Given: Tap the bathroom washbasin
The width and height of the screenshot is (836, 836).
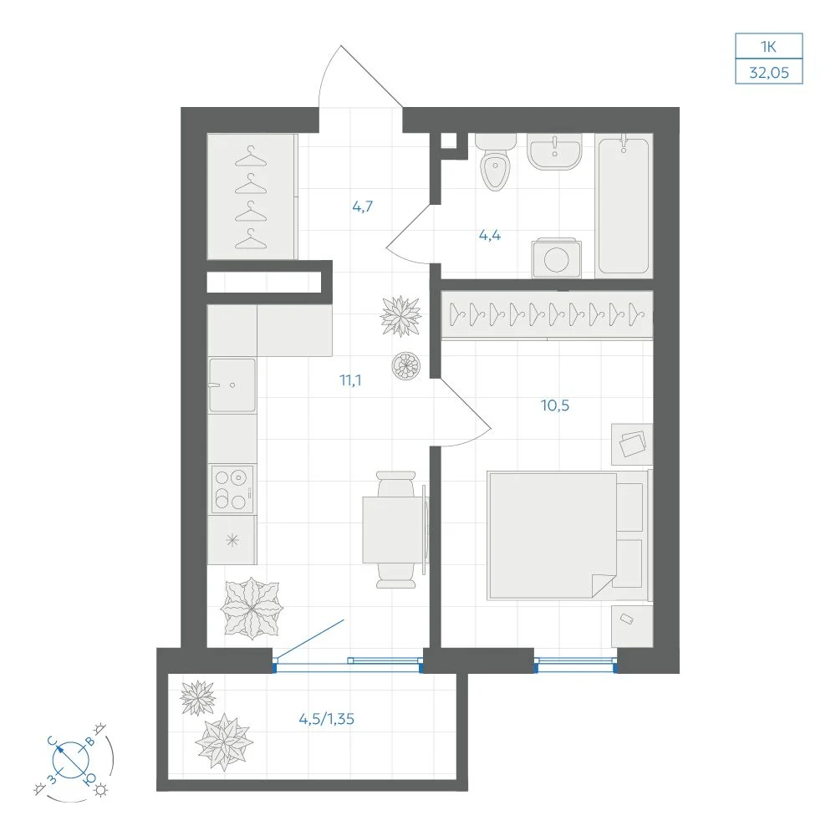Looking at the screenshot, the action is point(554,151).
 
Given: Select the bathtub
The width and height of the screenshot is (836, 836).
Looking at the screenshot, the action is point(624,206).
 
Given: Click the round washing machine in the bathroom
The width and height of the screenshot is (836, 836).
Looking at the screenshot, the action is point(556,258).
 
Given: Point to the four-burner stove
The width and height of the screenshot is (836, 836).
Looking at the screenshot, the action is point(232,489).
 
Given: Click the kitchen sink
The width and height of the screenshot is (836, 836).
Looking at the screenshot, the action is point(232,385).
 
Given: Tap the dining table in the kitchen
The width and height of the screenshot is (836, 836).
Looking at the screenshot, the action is point(394,529).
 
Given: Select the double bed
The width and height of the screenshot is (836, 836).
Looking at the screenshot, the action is point(568,535).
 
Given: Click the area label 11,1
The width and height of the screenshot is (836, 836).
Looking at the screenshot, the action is point(350,380).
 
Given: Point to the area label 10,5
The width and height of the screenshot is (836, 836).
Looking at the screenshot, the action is point(555,405).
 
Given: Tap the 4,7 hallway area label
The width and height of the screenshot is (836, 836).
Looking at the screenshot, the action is point(363,206).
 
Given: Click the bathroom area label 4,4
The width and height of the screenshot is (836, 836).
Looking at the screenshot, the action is point(489,235).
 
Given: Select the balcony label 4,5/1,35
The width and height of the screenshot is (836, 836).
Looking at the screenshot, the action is point(326,719).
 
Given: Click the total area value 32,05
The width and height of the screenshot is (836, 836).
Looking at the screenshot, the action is point(769,72).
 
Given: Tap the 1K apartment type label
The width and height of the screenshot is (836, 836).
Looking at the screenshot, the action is point(768,46).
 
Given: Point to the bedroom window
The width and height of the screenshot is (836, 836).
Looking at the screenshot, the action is point(575,665).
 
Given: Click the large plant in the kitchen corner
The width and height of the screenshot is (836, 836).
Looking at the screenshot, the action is point(252,609).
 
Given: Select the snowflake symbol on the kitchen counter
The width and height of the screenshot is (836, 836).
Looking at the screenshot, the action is point(232,541).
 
